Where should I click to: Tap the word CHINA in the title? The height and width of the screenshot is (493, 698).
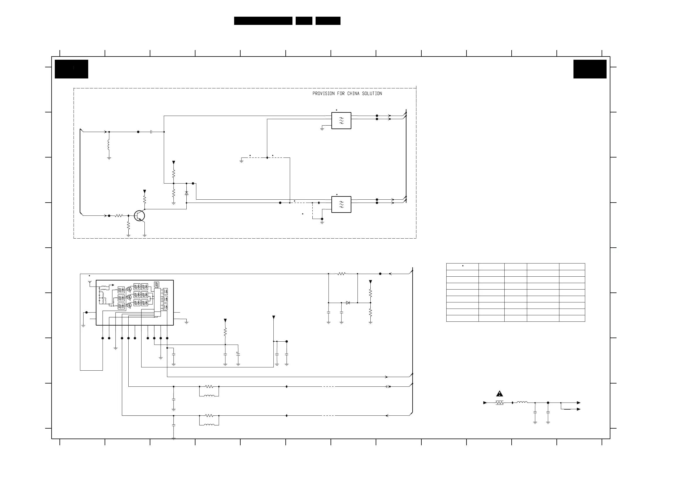(353, 94)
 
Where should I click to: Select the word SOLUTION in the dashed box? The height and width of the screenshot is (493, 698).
(372, 94)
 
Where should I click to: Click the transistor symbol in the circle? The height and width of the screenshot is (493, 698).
(139, 216)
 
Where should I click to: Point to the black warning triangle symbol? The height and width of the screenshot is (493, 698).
(500, 394)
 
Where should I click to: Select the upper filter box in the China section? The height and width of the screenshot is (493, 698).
(341, 121)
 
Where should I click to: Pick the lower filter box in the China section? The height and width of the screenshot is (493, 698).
(341, 204)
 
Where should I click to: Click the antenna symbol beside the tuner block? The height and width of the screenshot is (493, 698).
(90, 283)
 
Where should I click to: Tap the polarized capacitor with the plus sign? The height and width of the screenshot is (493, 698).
(238, 355)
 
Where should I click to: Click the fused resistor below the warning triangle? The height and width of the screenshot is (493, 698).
(500, 403)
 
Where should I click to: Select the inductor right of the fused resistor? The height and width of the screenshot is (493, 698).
(522, 403)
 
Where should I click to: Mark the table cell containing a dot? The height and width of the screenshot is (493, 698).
(462, 266)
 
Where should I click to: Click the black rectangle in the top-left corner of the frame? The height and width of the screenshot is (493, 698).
(71, 69)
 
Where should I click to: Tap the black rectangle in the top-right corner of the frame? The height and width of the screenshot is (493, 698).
(590, 69)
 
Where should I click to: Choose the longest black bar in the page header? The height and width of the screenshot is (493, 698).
(263, 21)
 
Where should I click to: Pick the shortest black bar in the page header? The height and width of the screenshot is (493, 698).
(304, 21)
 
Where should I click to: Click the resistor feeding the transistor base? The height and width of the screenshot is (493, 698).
(119, 216)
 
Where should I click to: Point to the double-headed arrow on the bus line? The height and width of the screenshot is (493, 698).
(388, 387)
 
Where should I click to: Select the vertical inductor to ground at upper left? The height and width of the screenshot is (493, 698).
(109, 145)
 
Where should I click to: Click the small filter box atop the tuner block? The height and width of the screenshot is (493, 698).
(156, 284)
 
